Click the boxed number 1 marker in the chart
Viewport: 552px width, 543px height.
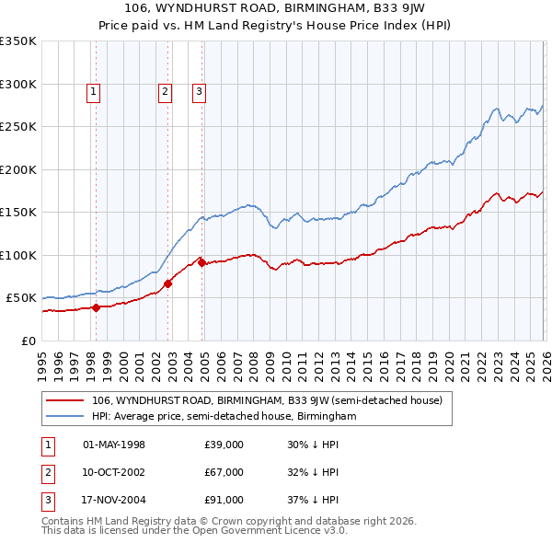tap(95, 91)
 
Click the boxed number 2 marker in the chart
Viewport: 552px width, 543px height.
tap(164, 91)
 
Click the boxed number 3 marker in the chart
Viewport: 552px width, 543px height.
tap(199, 91)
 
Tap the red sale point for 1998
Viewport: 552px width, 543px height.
tap(96, 308)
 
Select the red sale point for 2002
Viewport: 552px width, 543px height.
tap(168, 284)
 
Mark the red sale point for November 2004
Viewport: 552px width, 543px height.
tap(201, 263)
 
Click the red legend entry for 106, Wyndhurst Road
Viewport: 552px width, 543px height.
tap(267, 400)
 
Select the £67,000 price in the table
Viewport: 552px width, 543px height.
tap(224, 472)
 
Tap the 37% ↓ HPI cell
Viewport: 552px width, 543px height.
tap(313, 500)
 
